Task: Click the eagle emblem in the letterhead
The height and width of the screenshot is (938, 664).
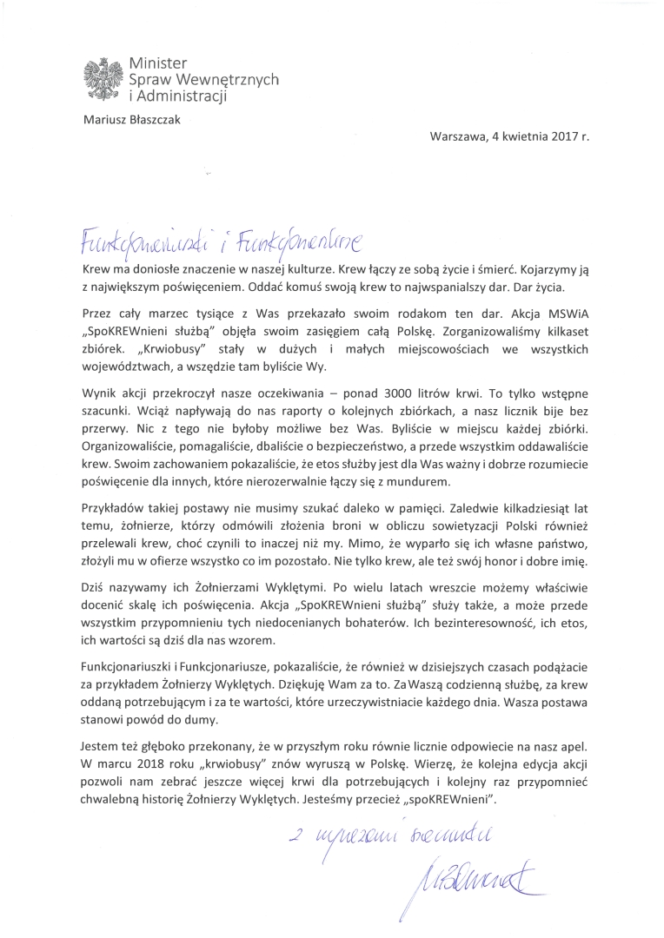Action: click(x=102, y=79)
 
